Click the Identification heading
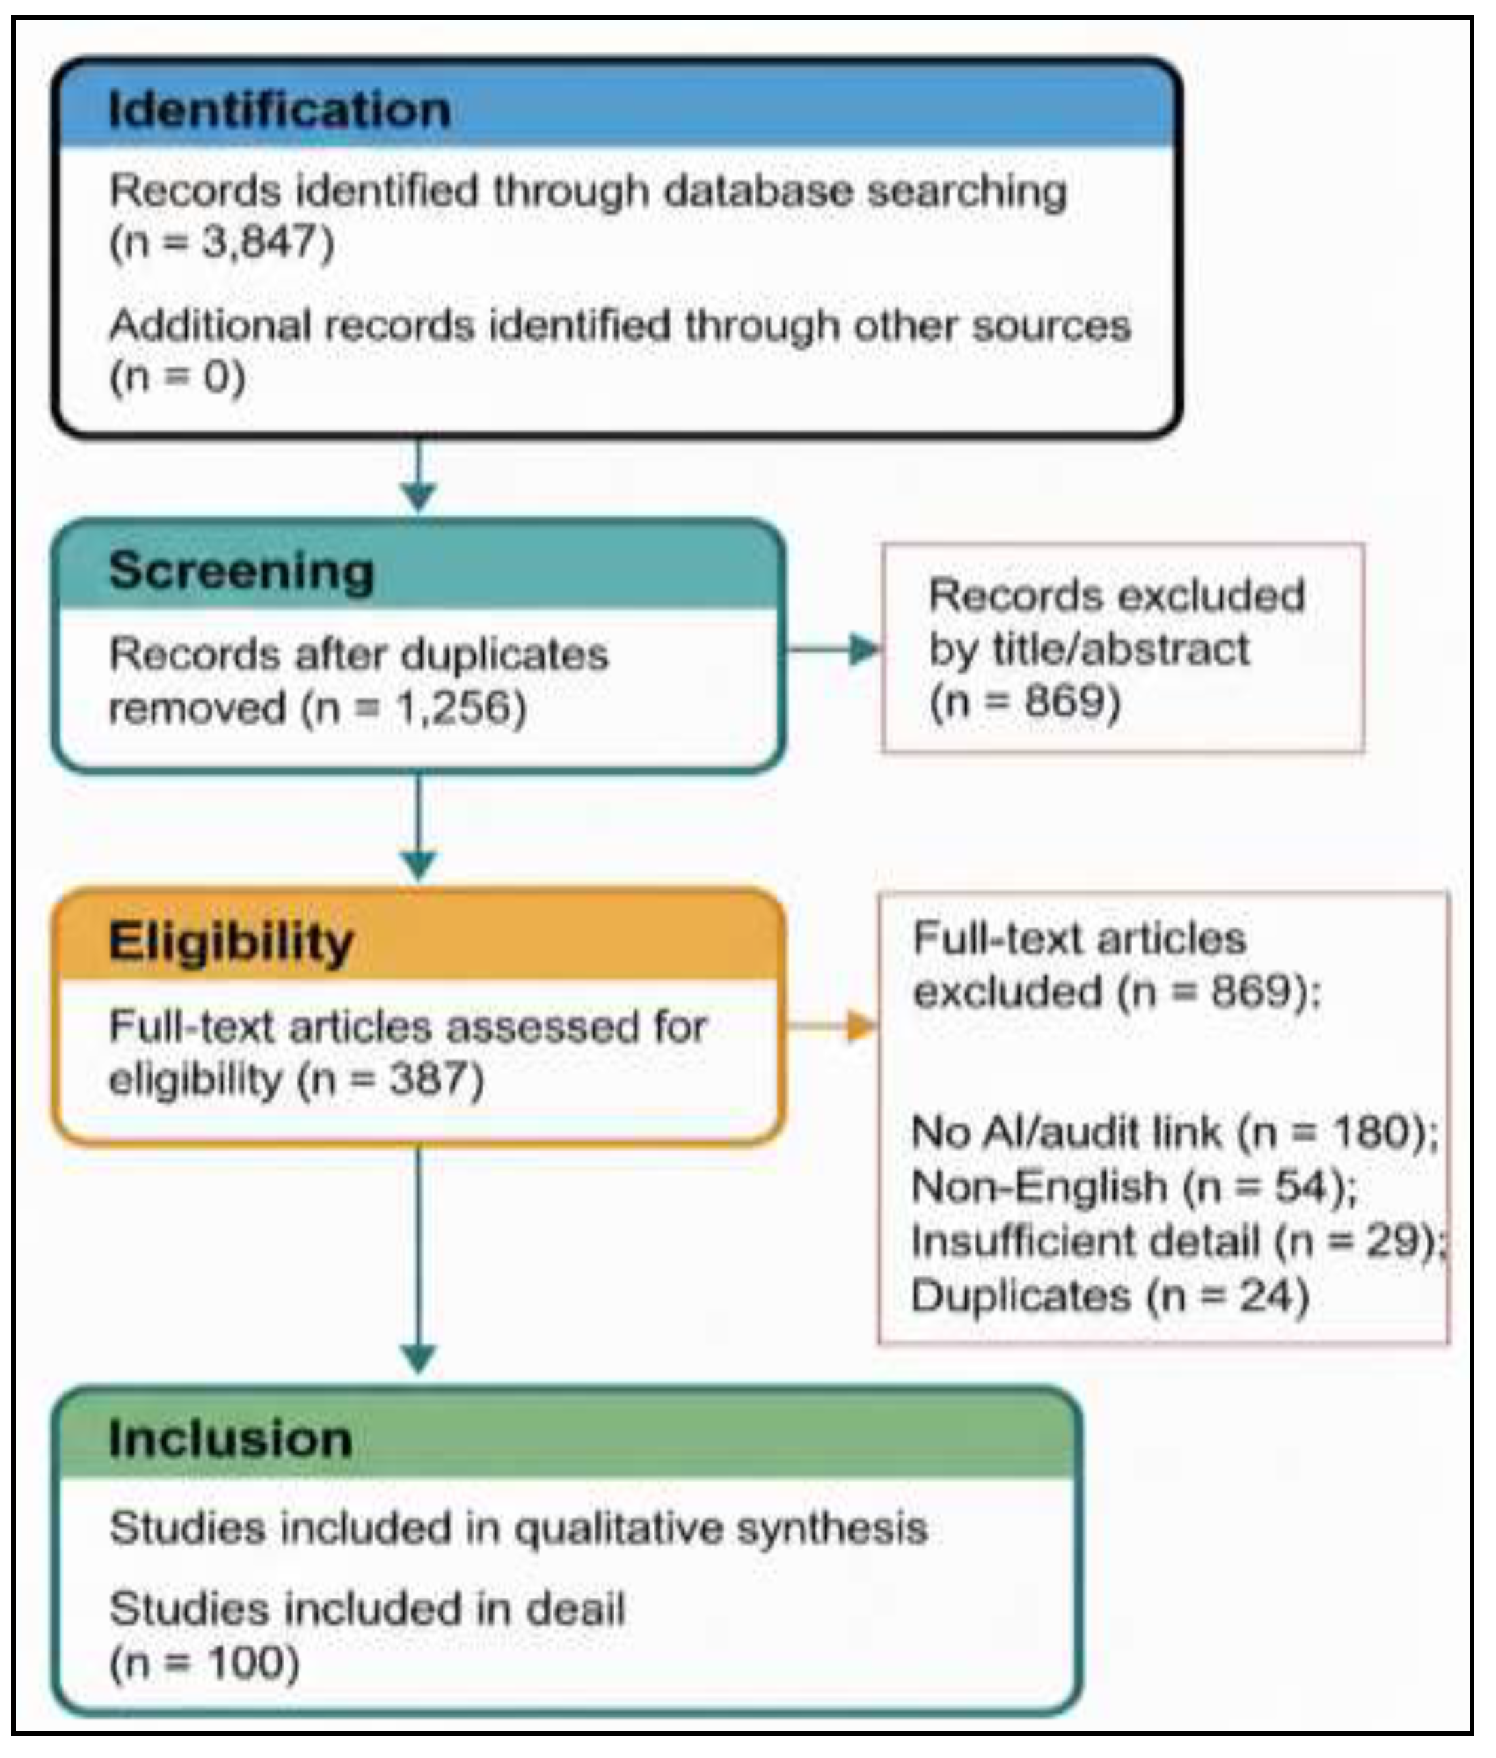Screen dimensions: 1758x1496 [x=279, y=109]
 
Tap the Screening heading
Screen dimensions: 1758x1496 [x=241, y=571]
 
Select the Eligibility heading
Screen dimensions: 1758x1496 [x=231, y=941]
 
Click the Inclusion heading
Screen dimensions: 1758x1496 [x=230, y=1439]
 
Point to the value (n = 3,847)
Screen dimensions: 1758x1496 [x=222, y=242]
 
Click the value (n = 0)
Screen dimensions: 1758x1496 [x=177, y=377]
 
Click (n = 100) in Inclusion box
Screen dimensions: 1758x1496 [x=204, y=1663]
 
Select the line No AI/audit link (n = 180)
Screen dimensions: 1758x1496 [x=1174, y=1132]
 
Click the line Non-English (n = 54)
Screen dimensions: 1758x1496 [x=1133, y=1186]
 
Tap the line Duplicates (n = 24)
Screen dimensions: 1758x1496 [x=1109, y=1296]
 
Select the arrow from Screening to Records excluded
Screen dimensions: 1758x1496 [x=836, y=650]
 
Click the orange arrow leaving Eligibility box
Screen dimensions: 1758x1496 [x=836, y=1026]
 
